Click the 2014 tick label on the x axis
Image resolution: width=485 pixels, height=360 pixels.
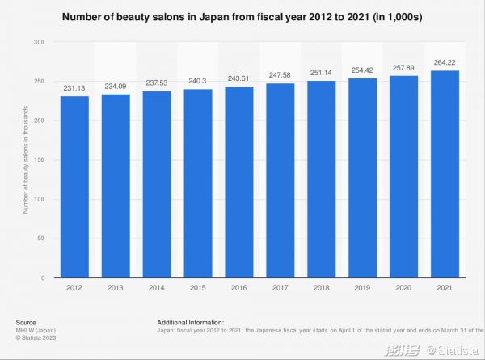[x=156, y=286]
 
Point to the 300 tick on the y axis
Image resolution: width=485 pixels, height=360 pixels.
[x=40, y=42]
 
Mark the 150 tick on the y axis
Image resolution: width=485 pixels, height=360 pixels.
[x=40, y=159]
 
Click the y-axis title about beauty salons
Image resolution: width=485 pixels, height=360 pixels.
[x=26, y=160]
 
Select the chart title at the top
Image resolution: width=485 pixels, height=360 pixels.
[x=242, y=17]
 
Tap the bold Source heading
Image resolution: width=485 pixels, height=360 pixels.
[x=25, y=322]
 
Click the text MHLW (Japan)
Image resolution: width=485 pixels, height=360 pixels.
[x=34, y=330]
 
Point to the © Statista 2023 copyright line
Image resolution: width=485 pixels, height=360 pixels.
[x=35, y=337]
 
